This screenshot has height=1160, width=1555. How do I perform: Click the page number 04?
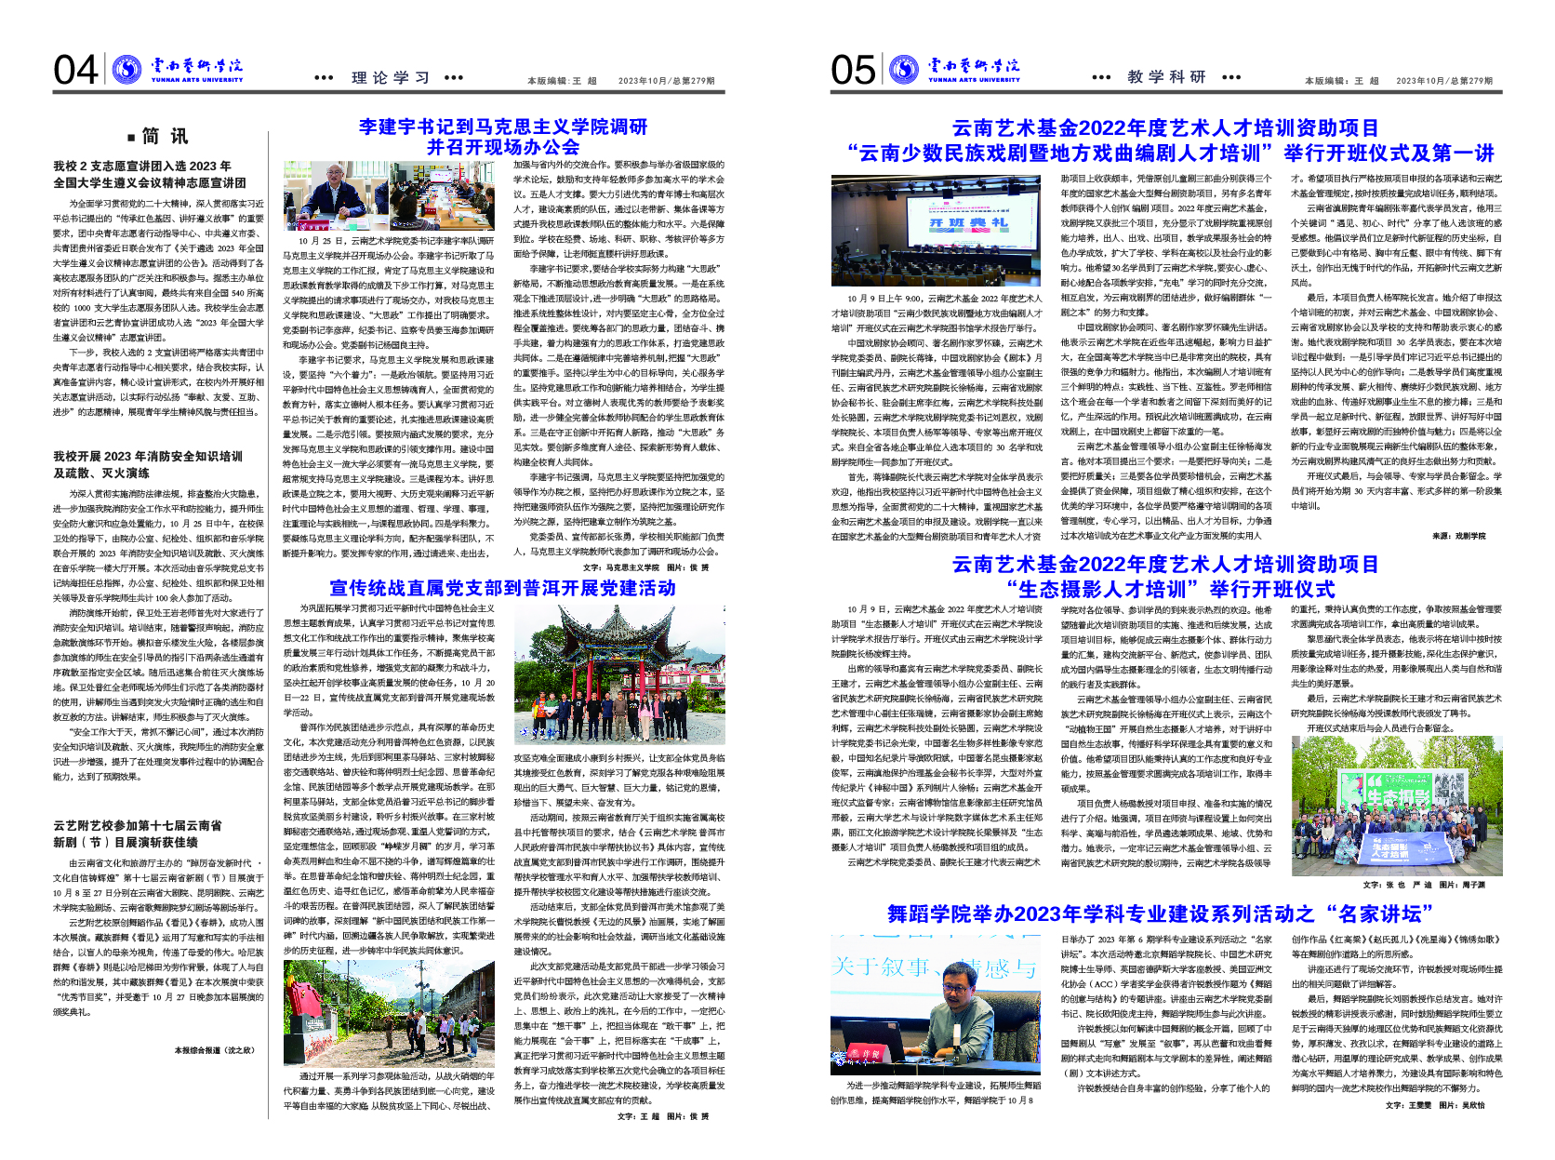(x=75, y=71)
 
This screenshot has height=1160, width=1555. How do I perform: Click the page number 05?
(x=853, y=71)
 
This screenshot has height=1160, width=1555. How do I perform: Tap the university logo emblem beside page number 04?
(x=126, y=69)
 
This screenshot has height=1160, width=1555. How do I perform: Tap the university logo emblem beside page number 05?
(x=903, y=69)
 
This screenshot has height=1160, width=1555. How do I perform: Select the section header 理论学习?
(x=391, y=78)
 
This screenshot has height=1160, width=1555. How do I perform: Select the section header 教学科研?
(x=1166, y=77)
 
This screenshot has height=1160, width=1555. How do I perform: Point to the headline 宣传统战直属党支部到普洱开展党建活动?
(x=502, y=588)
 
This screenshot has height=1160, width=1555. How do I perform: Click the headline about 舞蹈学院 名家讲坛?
(x=1160, y=913)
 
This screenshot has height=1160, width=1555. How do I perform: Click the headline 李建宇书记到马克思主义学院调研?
(x=502, y=127)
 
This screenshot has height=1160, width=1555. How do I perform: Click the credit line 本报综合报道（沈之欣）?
(x=214, y=1050)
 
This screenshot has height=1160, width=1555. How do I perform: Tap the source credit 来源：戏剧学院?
(x=1458, y=536)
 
